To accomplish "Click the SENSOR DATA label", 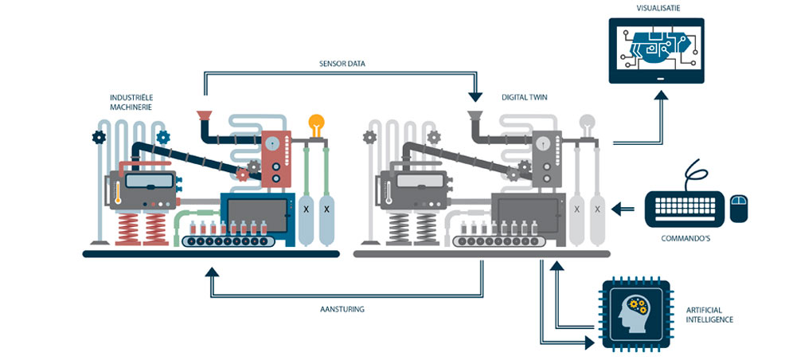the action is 342,64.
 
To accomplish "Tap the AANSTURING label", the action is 342,309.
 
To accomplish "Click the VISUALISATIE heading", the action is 656,8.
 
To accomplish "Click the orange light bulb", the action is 317,125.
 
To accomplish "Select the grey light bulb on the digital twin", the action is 588,125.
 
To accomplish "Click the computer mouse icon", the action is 739,207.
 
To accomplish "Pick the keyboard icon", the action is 685,209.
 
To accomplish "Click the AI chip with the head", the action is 636,314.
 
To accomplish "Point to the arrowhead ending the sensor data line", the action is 475,96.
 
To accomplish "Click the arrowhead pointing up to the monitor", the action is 661,95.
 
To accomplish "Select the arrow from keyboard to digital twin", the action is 623,208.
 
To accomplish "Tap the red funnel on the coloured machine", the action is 204,115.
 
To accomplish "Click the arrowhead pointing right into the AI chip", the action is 589,343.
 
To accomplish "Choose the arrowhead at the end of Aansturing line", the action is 212,272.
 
